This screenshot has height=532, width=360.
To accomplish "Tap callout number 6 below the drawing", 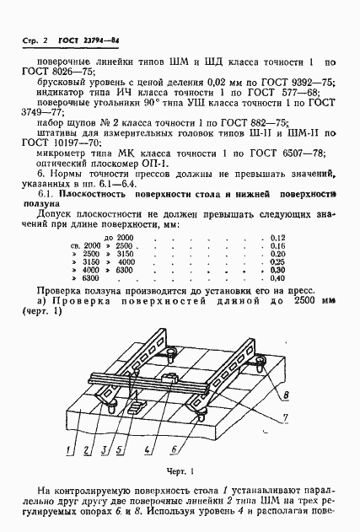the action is (173, 449).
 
